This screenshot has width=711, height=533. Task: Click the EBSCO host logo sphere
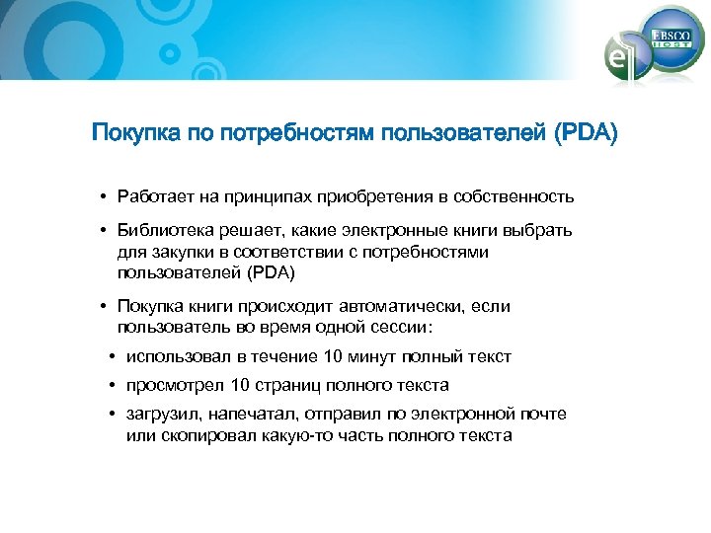coord(670,38)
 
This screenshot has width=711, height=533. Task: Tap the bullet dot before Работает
coord(104,196)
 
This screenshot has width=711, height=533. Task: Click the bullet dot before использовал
coord(114,356)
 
